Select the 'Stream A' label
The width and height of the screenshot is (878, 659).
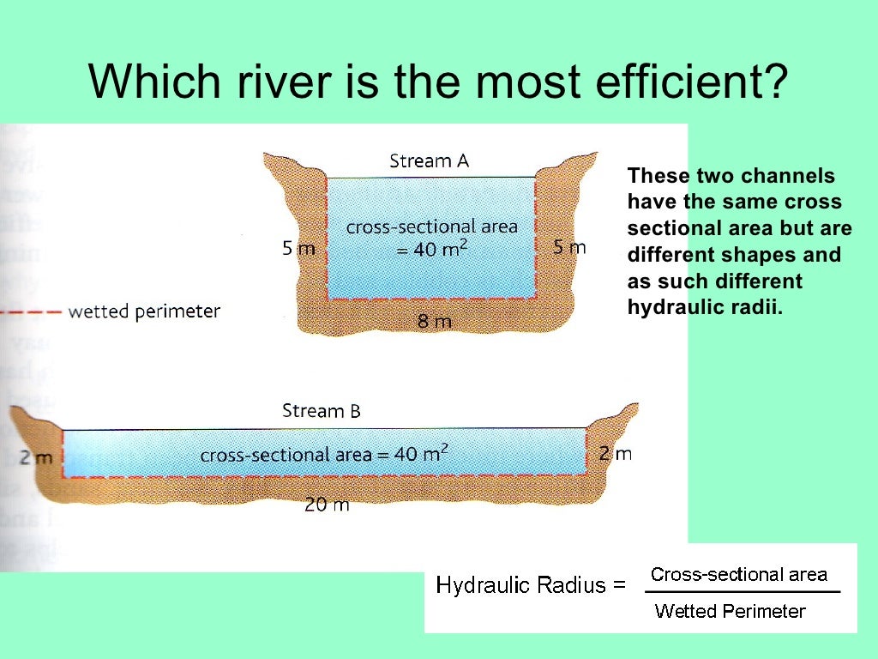[x=429, y=160]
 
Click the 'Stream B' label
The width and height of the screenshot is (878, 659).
[x=322, y=411]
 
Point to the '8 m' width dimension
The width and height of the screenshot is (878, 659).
[x=434, y=321]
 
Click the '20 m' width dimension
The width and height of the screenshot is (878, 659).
[x=327, y=505]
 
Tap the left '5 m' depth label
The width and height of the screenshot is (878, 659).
[x=298, y=249]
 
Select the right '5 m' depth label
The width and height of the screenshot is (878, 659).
[x=569, y=248]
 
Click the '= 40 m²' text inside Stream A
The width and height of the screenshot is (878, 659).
[x=432, y=250]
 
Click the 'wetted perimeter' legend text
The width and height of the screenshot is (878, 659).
[x=144, y=311]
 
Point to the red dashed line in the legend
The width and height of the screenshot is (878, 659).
[x=30, y=311]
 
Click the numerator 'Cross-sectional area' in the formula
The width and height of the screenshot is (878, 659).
[x=738, y=574]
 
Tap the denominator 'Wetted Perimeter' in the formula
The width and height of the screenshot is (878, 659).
[x=730, y=611]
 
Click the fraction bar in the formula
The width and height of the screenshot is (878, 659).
[x=742, y=592]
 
